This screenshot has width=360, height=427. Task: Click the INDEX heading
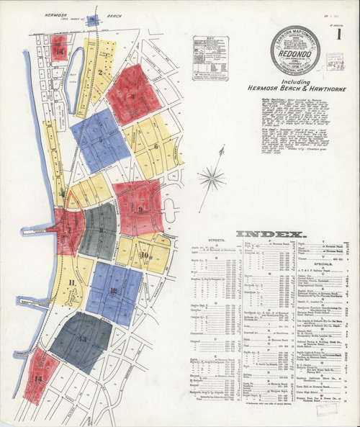270,234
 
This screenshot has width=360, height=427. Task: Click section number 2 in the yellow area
102,71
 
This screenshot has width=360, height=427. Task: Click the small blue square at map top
91,21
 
